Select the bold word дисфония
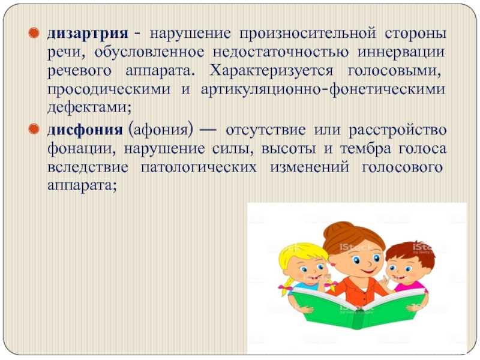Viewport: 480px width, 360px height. click(85, 130)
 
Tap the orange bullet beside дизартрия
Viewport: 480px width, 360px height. click(34, 33)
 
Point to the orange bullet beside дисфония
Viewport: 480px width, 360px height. click(34, 129)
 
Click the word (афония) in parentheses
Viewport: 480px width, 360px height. click(161, 130)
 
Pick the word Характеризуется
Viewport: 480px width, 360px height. click(271, 71)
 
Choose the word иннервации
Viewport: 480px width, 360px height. click(401, 52)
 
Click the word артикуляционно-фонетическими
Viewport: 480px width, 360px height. click(323, 89)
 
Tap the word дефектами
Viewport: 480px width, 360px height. click(89, 108)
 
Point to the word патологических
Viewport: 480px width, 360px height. click(199, 168)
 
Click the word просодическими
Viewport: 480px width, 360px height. click(109, 89)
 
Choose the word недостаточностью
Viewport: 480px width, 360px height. click(281, 52)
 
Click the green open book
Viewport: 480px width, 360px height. click(358, 308)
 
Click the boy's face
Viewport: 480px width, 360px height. click(400, 271)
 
